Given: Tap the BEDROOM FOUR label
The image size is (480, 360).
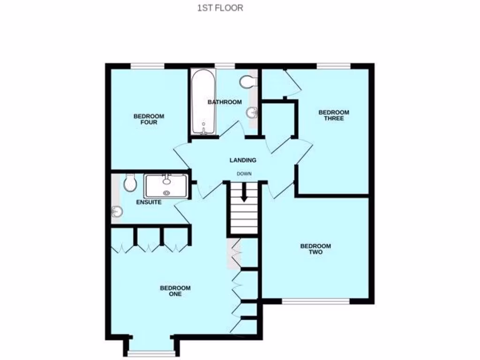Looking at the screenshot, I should coord(149,120).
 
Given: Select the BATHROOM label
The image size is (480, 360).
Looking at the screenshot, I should coord(225,102).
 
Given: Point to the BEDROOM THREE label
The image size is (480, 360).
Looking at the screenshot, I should coord(334,115).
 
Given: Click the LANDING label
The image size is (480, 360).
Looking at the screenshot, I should coord(243,160).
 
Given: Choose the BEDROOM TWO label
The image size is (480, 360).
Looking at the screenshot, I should coord(315,249).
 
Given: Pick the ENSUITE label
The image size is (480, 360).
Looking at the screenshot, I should coord(149,202).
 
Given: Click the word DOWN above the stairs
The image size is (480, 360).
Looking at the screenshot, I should coord(244,173).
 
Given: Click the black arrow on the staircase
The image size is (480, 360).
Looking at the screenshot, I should coord(243,193).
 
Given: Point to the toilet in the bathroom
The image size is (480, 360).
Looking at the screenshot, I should coord(247,82).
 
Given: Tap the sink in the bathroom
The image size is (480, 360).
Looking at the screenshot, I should coord(253,113).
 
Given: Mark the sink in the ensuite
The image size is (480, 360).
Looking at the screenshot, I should coord(116,212).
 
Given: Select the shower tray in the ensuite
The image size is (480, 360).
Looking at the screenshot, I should coord(166,186).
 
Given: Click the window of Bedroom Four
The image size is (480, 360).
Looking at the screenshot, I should coord(147,66).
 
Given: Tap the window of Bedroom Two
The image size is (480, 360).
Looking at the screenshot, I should coord(316,301).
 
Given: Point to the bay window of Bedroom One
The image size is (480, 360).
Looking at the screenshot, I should coord(151,352).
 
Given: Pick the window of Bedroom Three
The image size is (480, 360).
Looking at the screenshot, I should coord(333,66).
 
